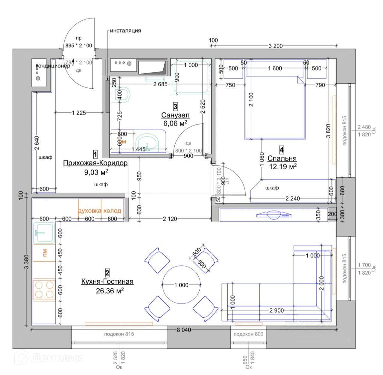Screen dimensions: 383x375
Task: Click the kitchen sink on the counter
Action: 44,232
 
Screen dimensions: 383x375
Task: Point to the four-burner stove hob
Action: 44,290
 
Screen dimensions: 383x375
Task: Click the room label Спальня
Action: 282,158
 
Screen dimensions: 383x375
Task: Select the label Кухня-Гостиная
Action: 107,282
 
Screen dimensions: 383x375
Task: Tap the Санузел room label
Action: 175,115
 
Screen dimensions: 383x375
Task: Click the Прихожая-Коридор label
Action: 95,163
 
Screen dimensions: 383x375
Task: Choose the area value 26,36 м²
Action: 110,290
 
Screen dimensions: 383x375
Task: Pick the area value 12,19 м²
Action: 282,167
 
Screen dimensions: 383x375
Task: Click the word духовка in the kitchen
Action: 89,211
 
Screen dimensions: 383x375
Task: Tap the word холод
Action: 112,211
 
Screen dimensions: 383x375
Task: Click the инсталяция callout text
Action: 125,31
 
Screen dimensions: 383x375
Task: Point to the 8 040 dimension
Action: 183,330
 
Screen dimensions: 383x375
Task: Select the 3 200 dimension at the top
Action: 275,46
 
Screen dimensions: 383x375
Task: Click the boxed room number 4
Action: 282,149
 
